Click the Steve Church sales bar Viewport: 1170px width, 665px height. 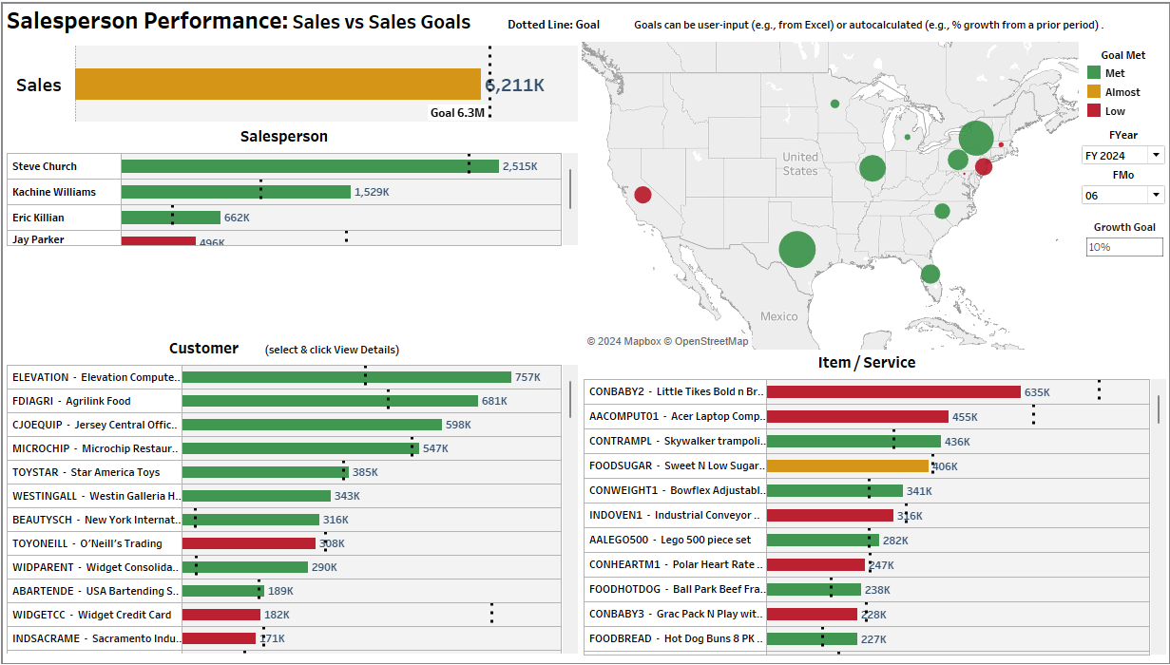point(310,166)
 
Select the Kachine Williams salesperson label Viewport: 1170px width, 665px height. point(54,192)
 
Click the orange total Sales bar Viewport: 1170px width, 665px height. point(278,85)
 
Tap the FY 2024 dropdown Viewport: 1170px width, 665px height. point(1122,155)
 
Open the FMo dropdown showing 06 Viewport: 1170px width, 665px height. point(1122,195)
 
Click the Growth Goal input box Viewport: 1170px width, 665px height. point(1124,247)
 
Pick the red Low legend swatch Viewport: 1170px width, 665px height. point(1094,111)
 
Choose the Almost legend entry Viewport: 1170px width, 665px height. point(1122,92)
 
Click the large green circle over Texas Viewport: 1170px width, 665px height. point(797,250)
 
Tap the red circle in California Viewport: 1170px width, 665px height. point(643,195)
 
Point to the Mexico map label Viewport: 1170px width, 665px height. point(779,316)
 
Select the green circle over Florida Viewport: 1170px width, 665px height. point(930,274)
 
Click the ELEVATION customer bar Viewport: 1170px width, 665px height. point(346,377)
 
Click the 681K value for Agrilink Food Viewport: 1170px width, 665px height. point(494,401)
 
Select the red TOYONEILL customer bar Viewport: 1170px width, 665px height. point(248,543)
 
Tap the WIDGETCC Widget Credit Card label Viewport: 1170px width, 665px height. point(92,615)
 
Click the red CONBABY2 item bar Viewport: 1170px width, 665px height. point(893,391)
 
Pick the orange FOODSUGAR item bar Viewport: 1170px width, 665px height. point(847,465)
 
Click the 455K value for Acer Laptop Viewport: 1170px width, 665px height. point(965,416)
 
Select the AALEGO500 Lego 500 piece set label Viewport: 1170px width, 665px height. point(670,540)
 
